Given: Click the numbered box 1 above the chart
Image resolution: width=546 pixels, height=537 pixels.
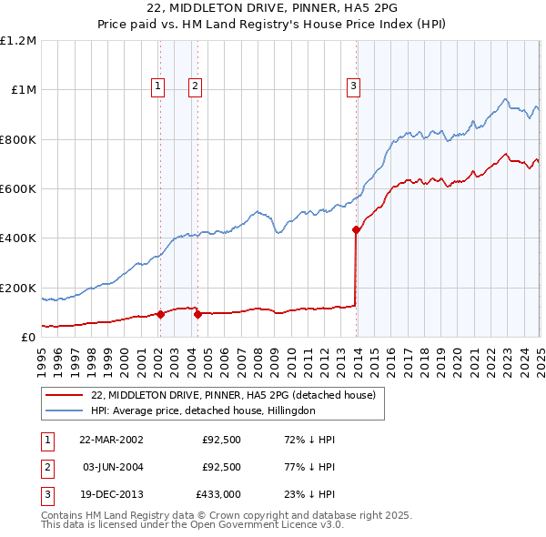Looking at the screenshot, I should click(x=158, y=86).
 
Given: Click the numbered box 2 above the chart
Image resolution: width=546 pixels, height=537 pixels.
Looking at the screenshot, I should click(x=195, y=86).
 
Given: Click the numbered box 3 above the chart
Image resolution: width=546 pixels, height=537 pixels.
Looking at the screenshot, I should click(x=353, y=86).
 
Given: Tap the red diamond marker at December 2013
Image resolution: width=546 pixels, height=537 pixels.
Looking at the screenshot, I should click(x=356, y=230).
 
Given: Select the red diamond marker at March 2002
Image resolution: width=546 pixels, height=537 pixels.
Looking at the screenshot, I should click(x=161, y=314).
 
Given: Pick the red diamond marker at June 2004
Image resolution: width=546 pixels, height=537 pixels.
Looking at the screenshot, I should click(x=197, y=314).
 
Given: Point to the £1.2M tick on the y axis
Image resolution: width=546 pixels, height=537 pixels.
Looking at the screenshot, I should click(x=18, y=41).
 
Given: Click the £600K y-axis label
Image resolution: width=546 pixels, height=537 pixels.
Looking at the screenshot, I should click(x=18, y=189).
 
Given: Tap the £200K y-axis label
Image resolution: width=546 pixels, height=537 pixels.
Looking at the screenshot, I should click(x=18, y=288).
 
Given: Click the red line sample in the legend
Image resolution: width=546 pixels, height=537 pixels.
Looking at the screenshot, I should click(x=64, y=395).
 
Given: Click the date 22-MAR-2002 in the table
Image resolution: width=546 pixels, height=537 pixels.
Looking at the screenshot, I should click(x=110, y=439).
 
